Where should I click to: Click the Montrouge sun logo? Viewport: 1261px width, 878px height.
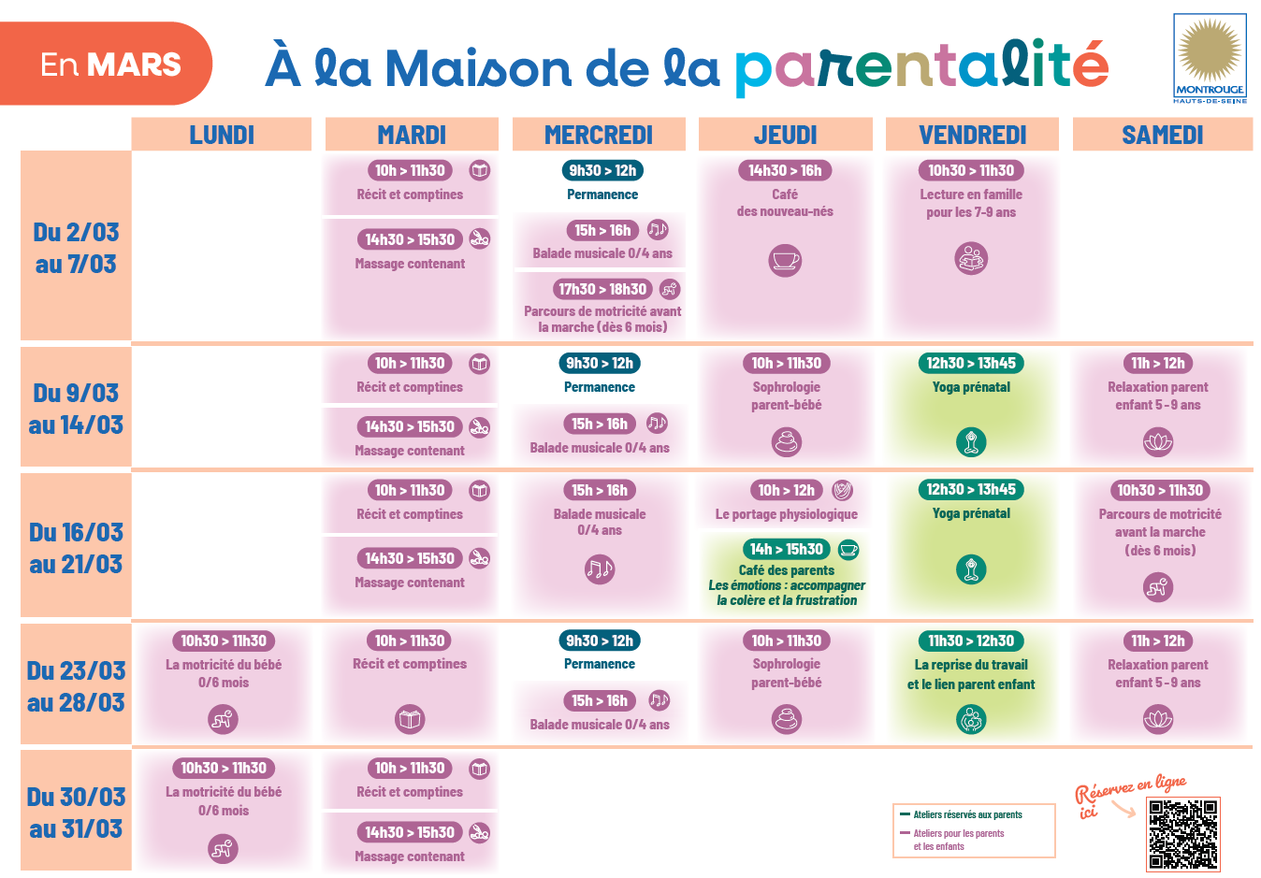point(1209,51)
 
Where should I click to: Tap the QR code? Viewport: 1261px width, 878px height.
point(1183,835)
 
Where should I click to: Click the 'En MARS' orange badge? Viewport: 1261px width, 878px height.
point(109,65)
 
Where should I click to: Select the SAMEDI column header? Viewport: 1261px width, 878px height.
point(1162,135)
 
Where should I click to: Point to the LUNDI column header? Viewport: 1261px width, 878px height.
point(222,135)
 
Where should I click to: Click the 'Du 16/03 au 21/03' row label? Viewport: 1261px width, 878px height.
point(76,548)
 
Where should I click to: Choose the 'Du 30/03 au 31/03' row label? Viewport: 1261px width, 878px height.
point(76,813)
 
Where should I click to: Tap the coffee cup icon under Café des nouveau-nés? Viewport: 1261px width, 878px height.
point(785,260)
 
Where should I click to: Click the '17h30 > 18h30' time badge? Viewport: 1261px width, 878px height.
point(602,289)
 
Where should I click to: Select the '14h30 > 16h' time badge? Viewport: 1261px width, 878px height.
point(785,170)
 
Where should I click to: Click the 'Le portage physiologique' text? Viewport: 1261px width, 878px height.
point(786,514)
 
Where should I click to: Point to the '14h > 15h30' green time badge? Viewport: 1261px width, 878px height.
point(786,549)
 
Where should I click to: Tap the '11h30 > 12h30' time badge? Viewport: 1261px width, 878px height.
point(971,641)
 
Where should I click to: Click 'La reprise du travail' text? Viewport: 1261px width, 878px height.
point(971,665)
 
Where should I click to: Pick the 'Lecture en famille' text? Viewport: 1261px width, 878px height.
point(971,194)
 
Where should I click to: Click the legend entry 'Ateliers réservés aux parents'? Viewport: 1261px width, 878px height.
point(967,814)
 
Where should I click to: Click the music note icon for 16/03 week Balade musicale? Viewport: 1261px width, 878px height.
point(599,569)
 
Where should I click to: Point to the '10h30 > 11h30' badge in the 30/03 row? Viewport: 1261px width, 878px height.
point(224,768)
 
